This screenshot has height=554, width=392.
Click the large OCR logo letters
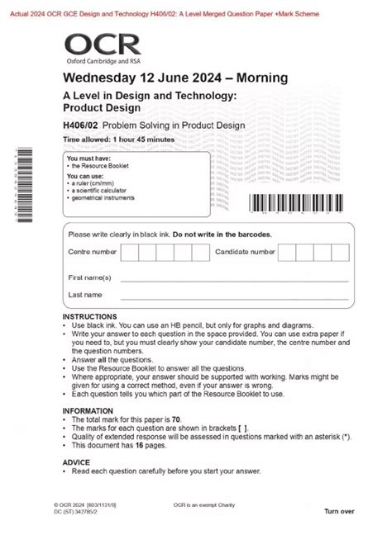tap(93, 44)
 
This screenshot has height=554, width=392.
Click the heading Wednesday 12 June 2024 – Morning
tap(175, 78)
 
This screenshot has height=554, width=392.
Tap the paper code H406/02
tap(81, 125)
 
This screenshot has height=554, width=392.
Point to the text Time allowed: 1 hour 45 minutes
tap(119, 140)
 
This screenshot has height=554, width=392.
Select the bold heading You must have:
tap(86, 159)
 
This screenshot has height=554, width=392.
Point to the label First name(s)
tap(89, 277)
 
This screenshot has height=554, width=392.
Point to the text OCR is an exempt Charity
tap(203, 504)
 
